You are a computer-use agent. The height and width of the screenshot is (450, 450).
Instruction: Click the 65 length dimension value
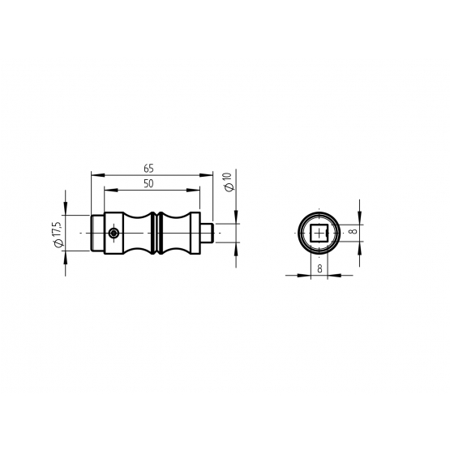148,169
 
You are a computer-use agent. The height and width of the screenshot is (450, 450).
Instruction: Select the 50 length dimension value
148,184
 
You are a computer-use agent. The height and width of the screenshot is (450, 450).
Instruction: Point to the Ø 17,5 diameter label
58,234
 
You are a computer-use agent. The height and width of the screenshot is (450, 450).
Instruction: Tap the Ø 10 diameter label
229,182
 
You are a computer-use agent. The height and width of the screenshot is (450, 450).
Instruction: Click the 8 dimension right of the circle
354,230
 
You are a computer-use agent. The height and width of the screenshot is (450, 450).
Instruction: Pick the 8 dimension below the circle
319,268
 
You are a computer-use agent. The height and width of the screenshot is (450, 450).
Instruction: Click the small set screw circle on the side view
114,233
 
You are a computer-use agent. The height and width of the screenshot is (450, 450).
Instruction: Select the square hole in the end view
319,233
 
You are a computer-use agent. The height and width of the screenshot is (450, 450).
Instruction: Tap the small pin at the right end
206,233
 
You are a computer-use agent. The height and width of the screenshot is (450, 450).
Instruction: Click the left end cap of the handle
97,233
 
